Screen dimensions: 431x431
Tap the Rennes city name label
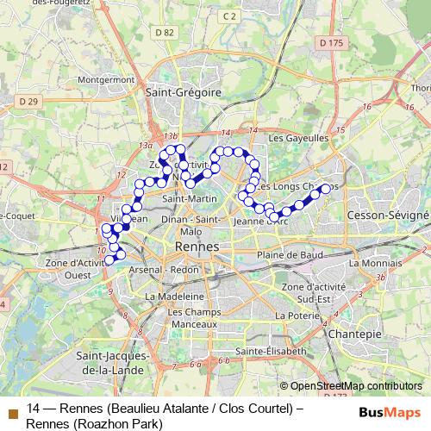(197, 247)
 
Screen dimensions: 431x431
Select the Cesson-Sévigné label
(387, 214)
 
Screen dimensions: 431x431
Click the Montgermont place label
(107, 78)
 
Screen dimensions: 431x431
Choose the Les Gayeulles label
(299, 137)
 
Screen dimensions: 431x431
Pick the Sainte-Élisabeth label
(271, 352)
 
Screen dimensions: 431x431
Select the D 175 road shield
(330, 41)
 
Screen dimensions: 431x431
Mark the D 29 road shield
(29, 101)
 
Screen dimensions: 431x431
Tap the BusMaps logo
(384, 412)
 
